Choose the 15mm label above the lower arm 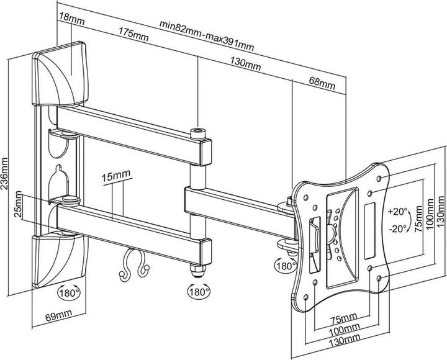click(114, 177)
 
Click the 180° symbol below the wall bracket click(69, 291)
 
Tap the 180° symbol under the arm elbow click(199, 290)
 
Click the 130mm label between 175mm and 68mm click(245, 63)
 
